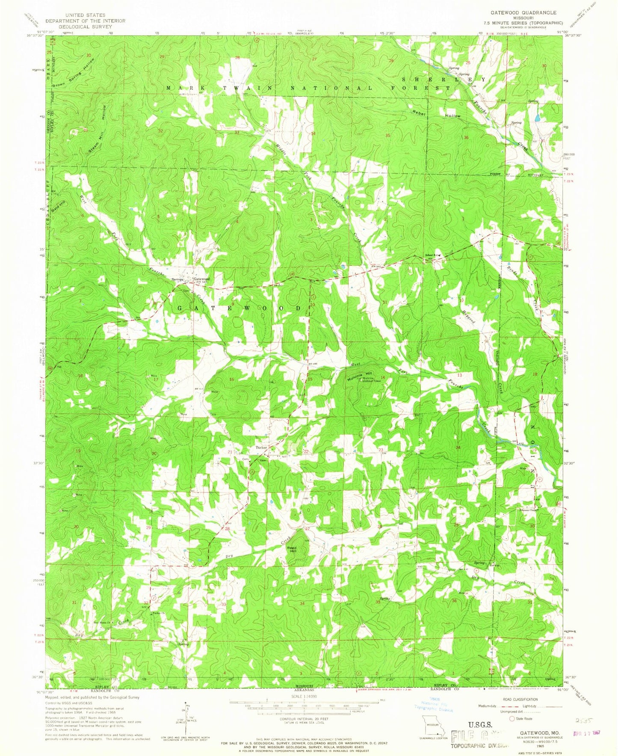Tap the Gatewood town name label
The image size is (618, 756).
(201, 279)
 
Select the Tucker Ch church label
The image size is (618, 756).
(158, 613)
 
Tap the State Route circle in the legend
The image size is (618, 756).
(512, 718)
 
